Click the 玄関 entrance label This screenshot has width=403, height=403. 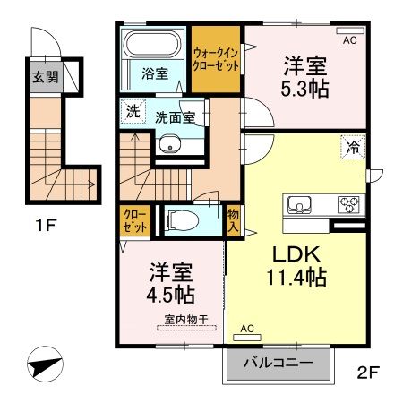44,76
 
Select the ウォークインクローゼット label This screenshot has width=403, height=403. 216,60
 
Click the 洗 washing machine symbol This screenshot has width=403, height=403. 132,113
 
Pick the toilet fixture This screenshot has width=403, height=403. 179,219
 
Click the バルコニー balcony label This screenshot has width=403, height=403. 278,364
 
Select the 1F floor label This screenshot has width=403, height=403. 47,224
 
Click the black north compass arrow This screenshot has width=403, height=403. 44,367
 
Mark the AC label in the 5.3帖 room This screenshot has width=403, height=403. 349,39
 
